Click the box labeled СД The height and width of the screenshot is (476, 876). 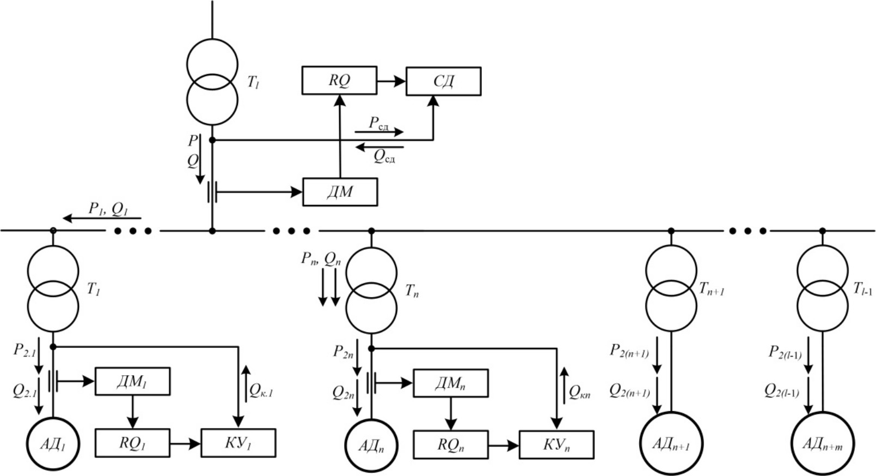pos(443,81)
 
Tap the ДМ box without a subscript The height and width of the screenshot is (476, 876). pos(340,192)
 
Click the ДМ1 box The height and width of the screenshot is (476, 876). pos(132,382)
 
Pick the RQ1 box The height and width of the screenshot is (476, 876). pos(132,443)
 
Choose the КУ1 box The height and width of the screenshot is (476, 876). pos(238,443)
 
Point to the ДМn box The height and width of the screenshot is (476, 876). pos(450,384)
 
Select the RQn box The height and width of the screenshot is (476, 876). pos(451,444)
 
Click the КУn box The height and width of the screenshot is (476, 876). pos(556,444)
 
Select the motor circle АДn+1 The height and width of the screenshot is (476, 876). pos(671,444)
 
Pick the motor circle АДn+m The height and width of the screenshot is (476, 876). pos(822,444)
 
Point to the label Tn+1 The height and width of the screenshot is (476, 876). pos(711,290)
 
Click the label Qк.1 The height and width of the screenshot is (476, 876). pos(261,391)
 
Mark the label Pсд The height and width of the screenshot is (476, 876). pos(378,123)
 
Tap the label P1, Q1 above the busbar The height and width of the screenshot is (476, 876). pos(108,209)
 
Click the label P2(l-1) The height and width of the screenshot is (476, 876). pos(785,353)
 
